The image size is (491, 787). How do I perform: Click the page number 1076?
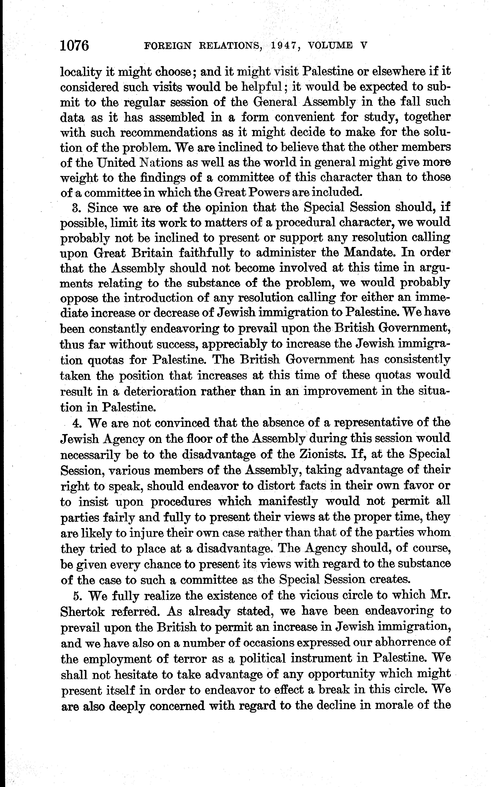(74, 46)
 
